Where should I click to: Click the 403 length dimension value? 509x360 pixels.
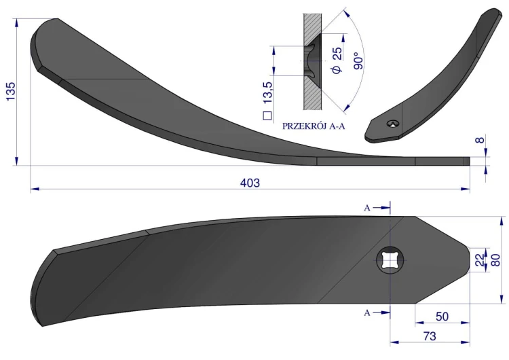250,183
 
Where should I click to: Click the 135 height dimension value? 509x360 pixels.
10,91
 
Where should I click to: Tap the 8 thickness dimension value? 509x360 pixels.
480,141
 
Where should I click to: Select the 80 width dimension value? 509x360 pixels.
495,260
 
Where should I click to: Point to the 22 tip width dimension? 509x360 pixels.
480,260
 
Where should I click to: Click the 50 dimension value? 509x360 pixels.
442,317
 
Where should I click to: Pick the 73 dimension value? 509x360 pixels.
429,336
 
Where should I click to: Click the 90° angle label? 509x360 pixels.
358,60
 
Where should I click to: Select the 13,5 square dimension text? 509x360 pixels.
268,93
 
